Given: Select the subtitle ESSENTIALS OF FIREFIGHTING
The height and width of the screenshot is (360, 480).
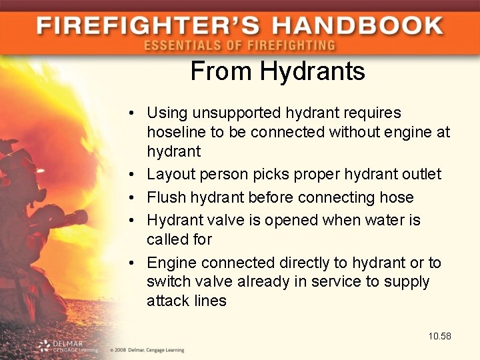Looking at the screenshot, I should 239,45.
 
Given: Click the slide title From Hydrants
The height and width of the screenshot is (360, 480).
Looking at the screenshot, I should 278,71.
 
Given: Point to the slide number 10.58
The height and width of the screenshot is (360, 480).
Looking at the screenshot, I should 440,336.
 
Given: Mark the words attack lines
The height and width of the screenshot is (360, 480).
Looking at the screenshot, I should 187,301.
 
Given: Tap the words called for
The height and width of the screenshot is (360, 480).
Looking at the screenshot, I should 179,239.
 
